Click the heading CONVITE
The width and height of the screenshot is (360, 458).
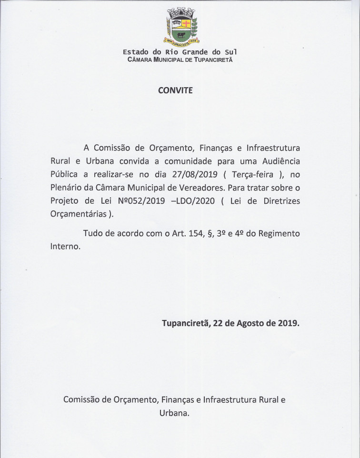[x=175, y=90]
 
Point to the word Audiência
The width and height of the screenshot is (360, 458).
[x=278, y=161]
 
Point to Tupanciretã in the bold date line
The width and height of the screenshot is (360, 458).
[x=186, y=323]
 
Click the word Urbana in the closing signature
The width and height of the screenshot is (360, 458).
[x=174, y=413]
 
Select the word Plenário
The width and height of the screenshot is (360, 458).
[x=67, y=188]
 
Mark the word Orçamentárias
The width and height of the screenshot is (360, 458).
[x=78, y=214]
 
